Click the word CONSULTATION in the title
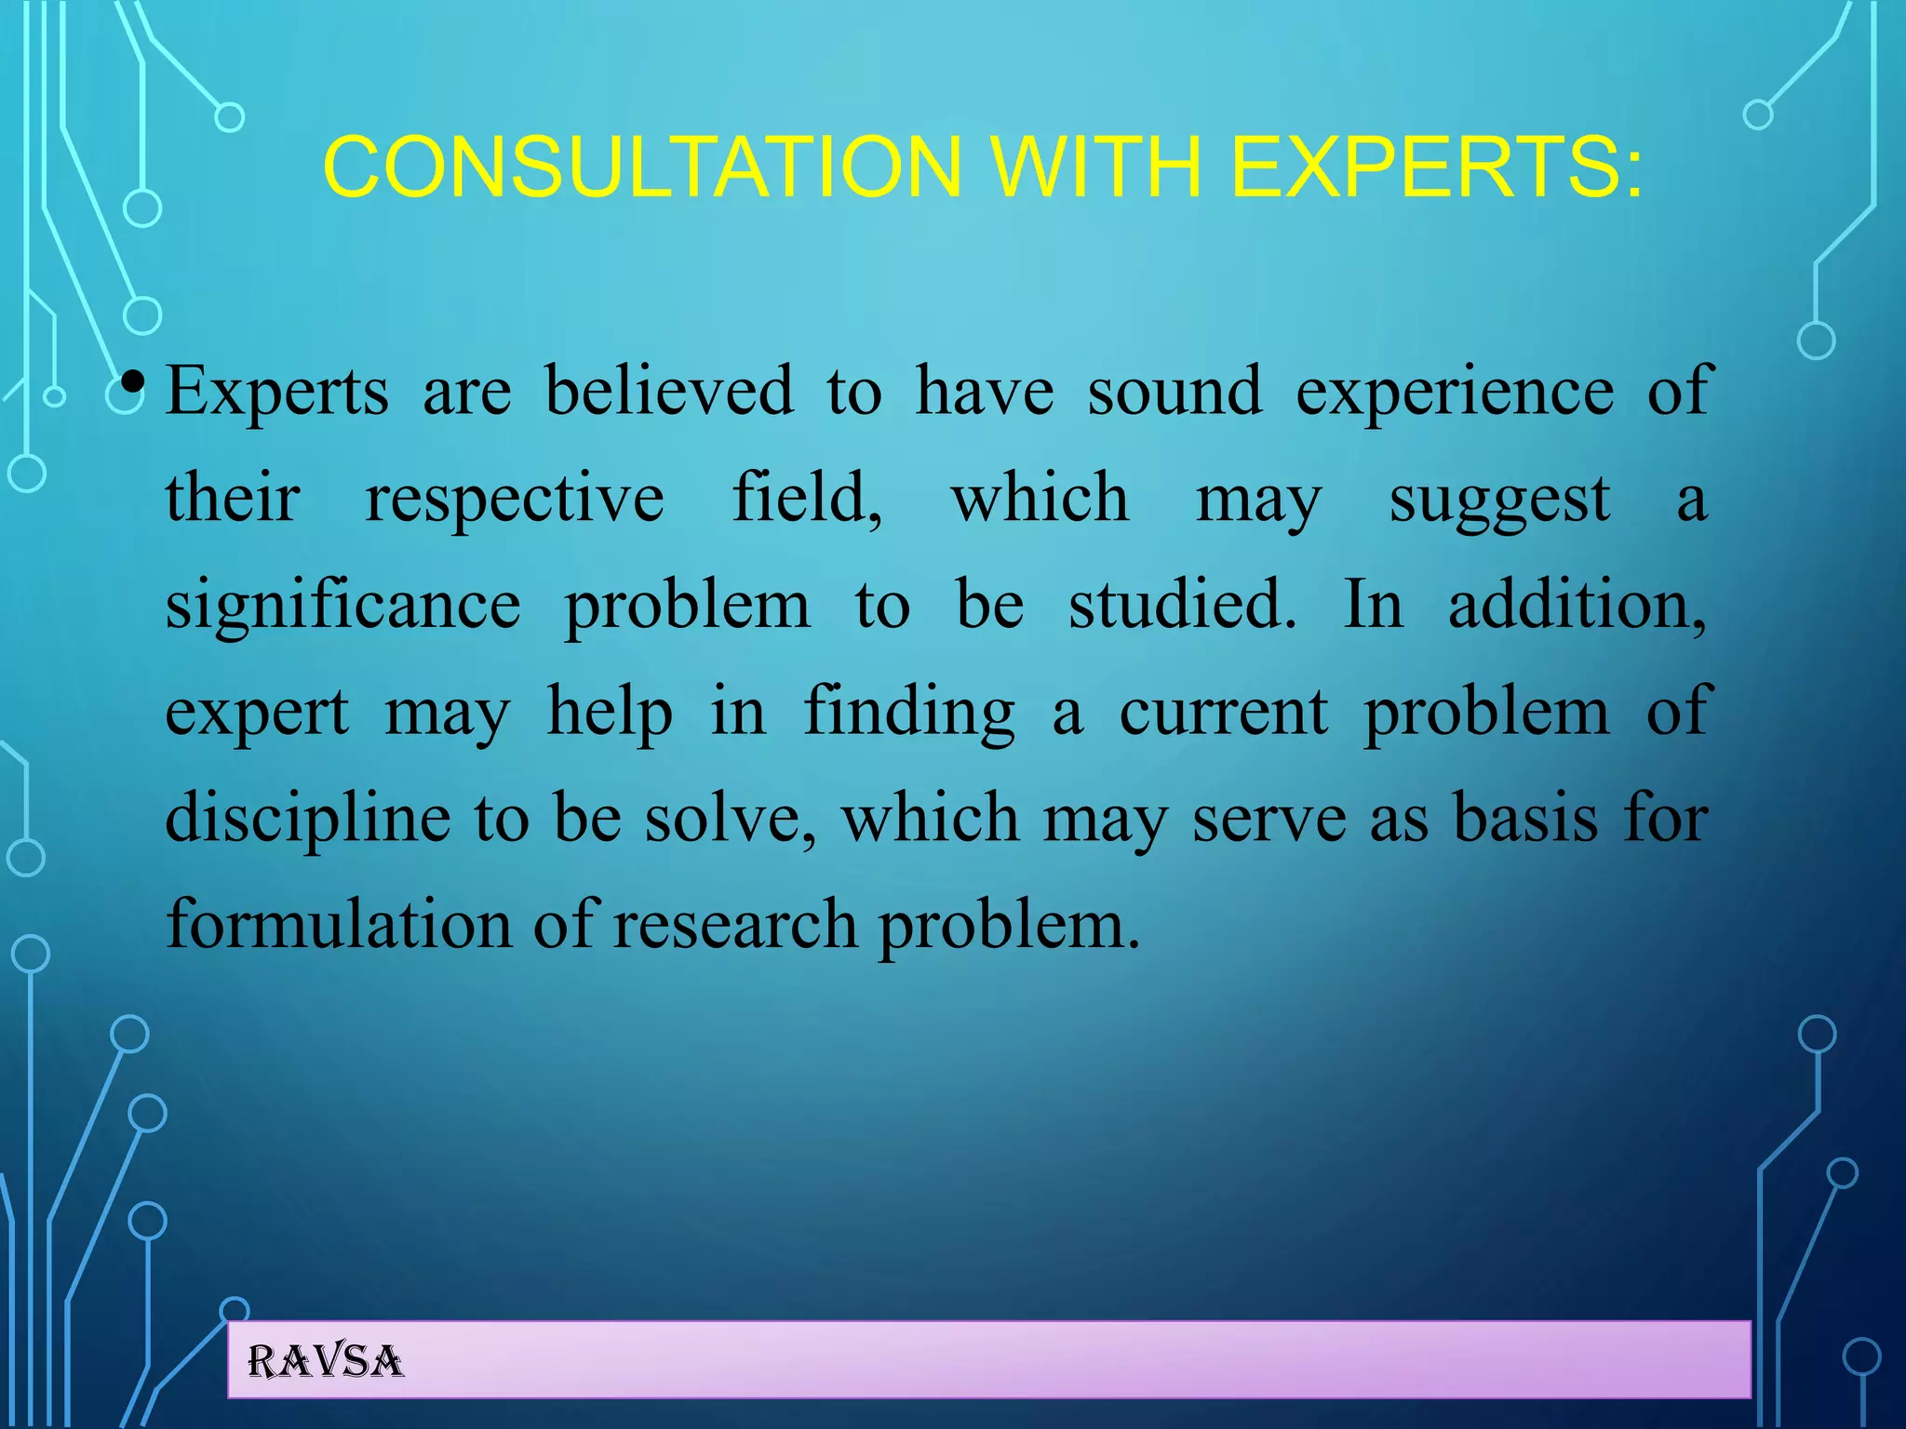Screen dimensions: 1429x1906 641,167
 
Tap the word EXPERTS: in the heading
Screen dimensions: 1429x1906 1437,167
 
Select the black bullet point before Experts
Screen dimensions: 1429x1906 133,382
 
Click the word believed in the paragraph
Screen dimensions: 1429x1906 669,391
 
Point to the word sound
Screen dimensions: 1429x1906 1174,391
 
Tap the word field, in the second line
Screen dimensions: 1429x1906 807,498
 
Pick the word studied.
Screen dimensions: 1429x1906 1181,605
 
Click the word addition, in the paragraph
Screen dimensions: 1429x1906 1577,605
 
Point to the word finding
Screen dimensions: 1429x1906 908,713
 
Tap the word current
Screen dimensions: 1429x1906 1223,713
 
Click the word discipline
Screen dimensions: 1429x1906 308,819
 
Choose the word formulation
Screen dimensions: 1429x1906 339,925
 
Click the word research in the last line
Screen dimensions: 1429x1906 735,925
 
